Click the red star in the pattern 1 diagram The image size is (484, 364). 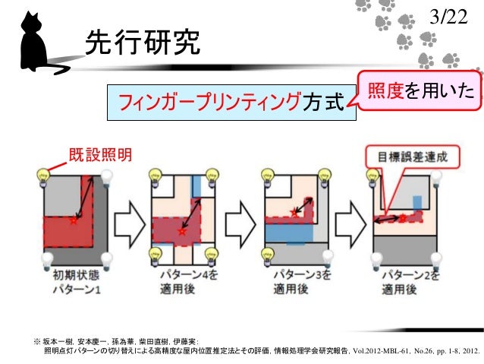click(x=73, y=220)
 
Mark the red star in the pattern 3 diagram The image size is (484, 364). click(x=291, y=214)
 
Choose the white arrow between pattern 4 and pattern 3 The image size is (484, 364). click(x=241, y=220)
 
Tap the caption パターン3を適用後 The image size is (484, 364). click(x=296, y=283)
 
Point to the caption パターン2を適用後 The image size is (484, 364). click(x=407, y=283)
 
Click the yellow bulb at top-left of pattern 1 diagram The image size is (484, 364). click(x=40, y=176)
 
